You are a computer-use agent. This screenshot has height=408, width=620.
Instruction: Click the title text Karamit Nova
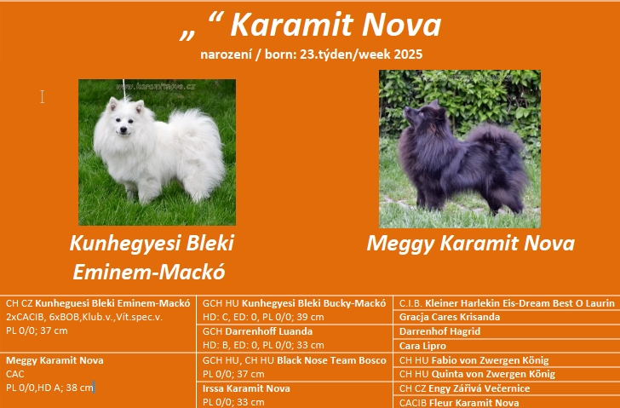click(336, 26)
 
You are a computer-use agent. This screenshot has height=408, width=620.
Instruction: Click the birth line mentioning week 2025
click(311, 55)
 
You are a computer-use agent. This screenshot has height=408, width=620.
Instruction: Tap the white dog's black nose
click(123, 129)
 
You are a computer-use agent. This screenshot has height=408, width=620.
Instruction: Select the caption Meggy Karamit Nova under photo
click(470, 243)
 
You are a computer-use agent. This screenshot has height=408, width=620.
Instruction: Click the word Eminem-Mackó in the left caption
click(149, 272)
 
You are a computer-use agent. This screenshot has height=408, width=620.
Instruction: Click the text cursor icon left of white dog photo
click(43, 96)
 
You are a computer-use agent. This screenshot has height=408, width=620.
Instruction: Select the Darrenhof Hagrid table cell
click(439, 331)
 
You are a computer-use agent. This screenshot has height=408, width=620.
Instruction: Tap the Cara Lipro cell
click(422, 346)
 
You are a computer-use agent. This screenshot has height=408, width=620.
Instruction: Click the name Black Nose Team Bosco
click(331, 360)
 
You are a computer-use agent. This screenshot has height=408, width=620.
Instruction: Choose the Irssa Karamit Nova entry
click(246, 388)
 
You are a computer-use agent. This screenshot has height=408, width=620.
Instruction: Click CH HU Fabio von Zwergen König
click(474, 360)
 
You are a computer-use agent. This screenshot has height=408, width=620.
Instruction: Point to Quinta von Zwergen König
click(493, 374)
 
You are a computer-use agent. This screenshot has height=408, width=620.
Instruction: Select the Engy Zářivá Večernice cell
click(479, 388)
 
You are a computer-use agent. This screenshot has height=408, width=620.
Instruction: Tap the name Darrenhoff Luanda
click(268, 331)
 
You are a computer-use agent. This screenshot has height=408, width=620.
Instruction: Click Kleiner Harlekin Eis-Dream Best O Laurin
click(520, 303)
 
